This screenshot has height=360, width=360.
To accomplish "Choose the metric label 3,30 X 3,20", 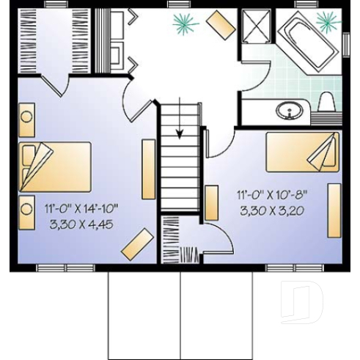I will [272, 209].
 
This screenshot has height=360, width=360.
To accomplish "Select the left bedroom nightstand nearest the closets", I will [26, 120].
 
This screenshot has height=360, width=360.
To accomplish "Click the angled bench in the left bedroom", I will [137, 244].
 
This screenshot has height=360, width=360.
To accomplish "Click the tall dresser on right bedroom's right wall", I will [334, 211].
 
